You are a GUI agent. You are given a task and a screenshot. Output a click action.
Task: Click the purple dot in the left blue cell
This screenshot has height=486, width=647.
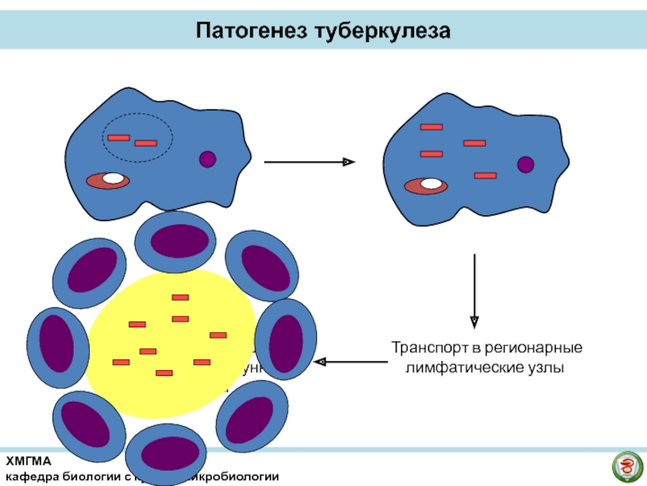coord(208,160)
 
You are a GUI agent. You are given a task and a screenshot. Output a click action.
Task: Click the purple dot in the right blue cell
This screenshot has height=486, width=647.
coord(526,165)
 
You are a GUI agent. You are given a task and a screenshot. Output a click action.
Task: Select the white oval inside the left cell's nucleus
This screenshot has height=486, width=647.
coord(114,178)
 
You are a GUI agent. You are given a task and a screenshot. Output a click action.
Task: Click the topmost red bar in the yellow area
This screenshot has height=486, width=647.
coord(180,297)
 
